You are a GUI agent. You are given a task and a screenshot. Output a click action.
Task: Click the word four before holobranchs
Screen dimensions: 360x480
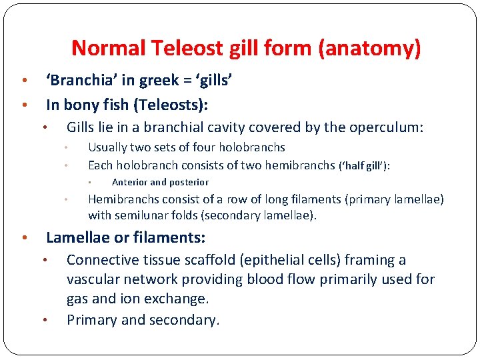tap(207, 147)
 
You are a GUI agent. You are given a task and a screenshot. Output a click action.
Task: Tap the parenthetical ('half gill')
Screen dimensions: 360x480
tap(364, 165)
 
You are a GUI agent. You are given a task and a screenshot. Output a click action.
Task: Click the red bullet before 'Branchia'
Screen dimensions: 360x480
tap(24, 81)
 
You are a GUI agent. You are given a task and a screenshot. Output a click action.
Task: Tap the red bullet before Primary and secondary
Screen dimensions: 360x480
tap(45, 321)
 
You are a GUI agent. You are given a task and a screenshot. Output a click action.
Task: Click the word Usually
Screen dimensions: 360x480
tap(108, 147)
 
